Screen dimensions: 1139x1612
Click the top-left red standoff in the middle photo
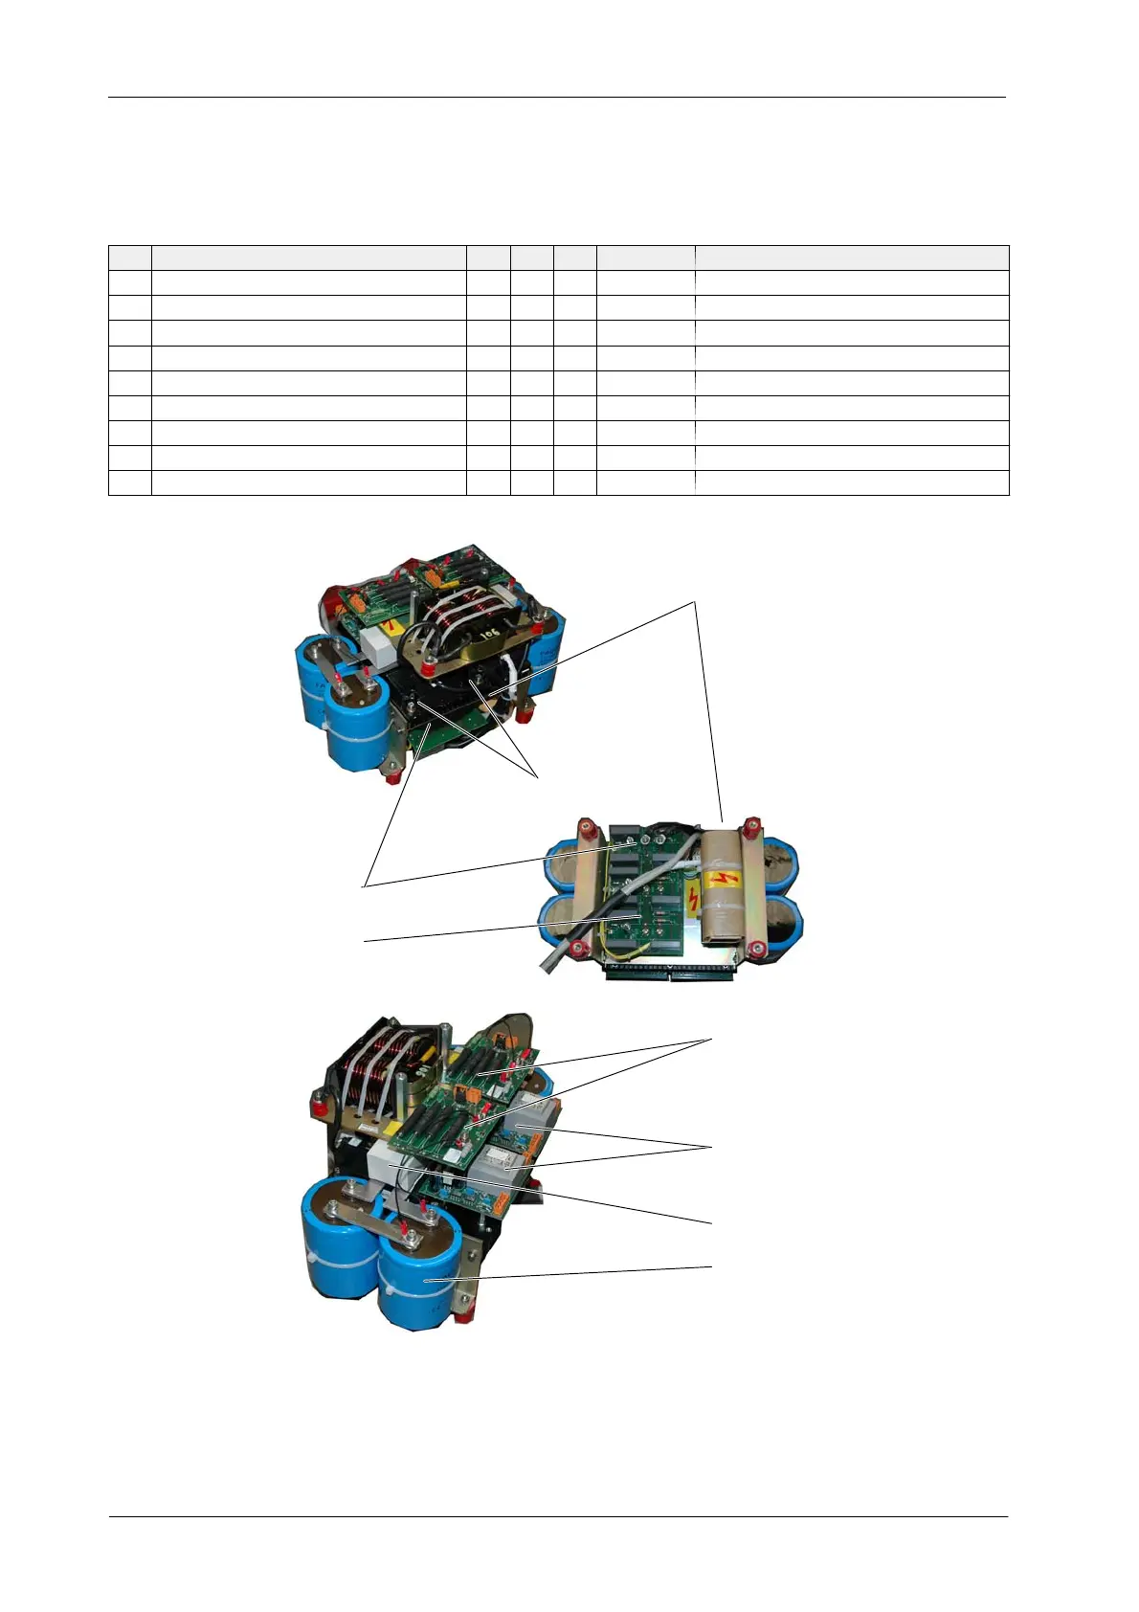coord(580,826)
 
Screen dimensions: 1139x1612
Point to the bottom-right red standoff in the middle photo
coord(757,950)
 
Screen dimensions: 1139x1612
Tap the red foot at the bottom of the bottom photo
coord(461,1317)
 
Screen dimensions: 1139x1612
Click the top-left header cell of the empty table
coord(129,257)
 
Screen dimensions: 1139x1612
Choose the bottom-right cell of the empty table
coord(851,482)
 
